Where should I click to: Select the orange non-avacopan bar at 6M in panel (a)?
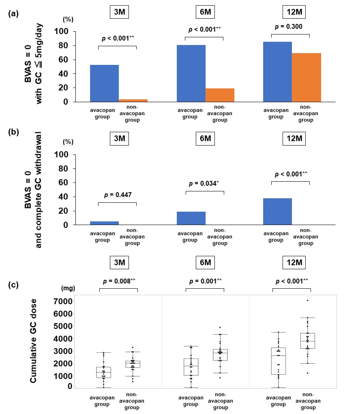click(x=220, y=95)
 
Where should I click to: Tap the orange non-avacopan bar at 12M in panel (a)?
click(x=306, y=77)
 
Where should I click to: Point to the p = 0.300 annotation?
click(x=290, y=27)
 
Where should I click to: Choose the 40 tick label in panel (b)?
click(x=67, y=197)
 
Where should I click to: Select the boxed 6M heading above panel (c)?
click(x=205, y=262)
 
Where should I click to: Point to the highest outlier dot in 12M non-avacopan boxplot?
click(x=307, y=300)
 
